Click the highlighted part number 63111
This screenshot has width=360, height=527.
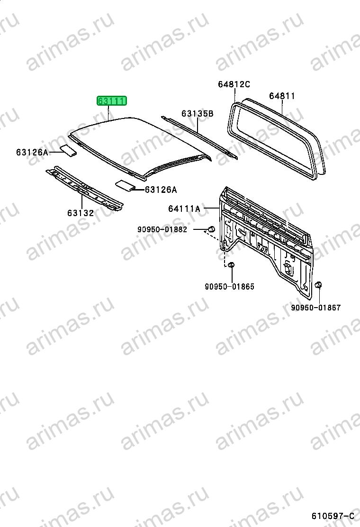(111, 100)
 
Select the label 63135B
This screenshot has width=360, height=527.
(198, 114)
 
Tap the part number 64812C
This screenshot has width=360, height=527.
(234, 84)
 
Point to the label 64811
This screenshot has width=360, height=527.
(282, 96)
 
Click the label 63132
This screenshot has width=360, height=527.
(81, 213)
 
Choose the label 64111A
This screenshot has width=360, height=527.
(184, 209)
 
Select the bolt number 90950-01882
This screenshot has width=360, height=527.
(162, 229)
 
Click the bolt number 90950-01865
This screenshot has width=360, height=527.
(230, 287)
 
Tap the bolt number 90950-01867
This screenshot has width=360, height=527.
(315, 308)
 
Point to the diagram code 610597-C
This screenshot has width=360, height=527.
(333, 516)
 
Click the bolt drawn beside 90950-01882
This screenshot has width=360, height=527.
(211, 229)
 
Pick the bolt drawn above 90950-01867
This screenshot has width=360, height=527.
(318, 286)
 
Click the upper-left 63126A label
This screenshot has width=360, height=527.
(32, 152)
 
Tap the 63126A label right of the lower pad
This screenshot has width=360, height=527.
(161, 190)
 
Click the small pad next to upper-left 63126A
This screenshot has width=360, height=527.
(68, 150)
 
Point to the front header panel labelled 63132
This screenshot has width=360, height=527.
(84, 189)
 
